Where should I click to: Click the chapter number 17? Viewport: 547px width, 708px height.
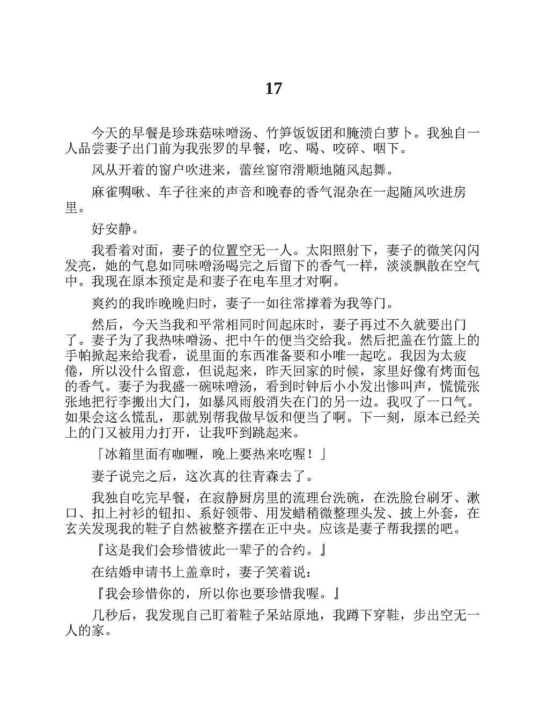coord(273,88)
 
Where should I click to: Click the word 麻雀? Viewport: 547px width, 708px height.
coord(105,193)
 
